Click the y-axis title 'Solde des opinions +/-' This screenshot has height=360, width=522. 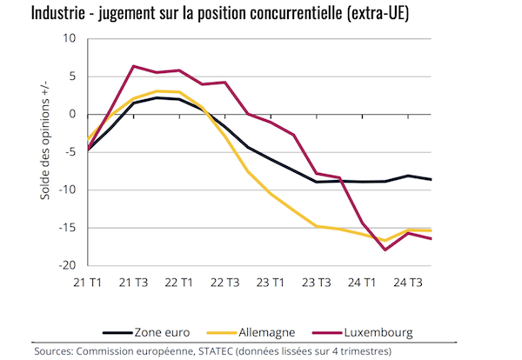click(45, 149)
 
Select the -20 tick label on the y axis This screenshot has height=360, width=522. click(67, 266)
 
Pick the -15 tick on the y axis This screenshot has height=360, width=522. click(67, 228)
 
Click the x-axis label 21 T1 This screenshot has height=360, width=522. click(88, 283)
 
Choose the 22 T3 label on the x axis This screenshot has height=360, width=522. click(225, 283)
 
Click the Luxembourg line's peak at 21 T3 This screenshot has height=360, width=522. click(134, 66)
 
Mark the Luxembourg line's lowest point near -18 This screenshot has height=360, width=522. click(385, 250)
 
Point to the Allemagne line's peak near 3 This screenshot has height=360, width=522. click(157, 91)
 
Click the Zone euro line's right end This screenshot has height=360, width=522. click(432, 179)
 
